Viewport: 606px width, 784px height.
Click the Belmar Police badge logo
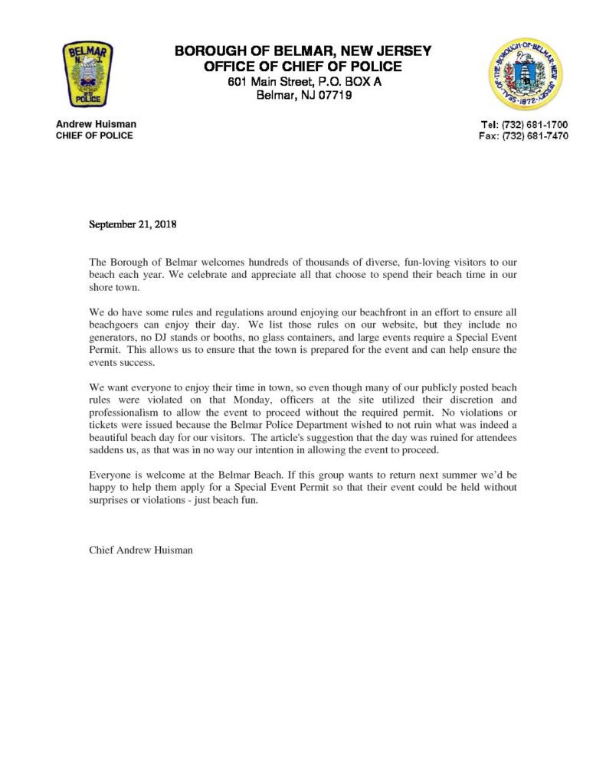tap(87, 74)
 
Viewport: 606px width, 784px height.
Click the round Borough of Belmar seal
tap(525, 75)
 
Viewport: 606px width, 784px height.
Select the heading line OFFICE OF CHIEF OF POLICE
tap(303, 67)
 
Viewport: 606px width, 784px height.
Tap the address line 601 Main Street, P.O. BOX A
tap(303, 82)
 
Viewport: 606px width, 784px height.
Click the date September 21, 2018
tap(133, 225)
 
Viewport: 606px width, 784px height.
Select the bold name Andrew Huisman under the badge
tap(96, 124)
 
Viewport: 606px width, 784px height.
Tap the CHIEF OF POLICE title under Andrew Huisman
tap(94, 136)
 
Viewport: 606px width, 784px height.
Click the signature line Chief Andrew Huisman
tap(141, 550)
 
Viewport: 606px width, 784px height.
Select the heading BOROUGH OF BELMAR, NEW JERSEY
tap(303, 51)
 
